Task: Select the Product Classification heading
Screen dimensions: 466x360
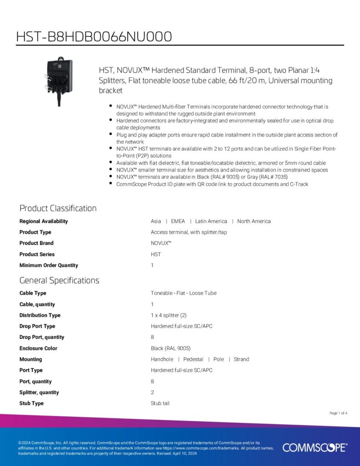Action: (x=58, y=208)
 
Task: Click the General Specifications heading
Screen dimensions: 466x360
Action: (x=59, y=280)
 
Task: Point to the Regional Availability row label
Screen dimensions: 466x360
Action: (x=44, y=221)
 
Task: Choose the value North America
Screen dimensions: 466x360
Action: (x=254, y=221)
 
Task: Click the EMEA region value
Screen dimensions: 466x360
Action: (x=178, y=221)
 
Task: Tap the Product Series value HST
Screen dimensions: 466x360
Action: (x=156, y=254)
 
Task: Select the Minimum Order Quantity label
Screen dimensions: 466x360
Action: (x=49, y=265)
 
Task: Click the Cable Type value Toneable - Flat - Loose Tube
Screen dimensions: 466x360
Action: (x=183, y=293)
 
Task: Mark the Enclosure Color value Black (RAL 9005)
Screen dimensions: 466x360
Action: (x=171, y=348)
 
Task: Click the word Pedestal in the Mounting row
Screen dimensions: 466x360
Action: (x=193, y=360)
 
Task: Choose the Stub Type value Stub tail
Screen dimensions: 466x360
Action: (x=160, y=404)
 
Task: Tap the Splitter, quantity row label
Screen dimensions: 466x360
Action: (x=39, y=392)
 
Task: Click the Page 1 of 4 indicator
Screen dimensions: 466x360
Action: (x=338, y=413)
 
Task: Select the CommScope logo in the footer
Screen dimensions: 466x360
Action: (x=314, y=447)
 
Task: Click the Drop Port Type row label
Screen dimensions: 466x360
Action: (x=37, y=326)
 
